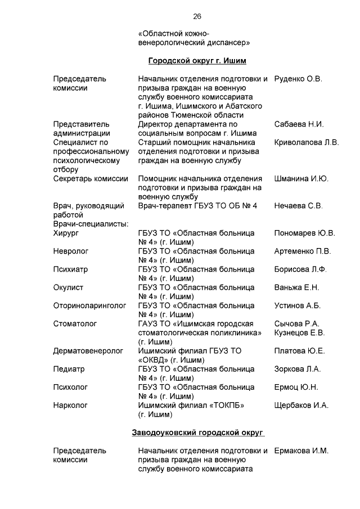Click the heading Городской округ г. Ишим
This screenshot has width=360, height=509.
(197, 61)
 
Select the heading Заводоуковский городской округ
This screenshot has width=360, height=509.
(198, 433)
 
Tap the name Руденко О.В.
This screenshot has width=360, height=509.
(298, 79)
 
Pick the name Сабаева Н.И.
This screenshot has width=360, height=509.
(299, 124)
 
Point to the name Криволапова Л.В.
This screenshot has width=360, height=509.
(307, 143)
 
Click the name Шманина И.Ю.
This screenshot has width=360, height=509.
(301, 179)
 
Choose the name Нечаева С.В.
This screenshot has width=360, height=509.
(299, 206)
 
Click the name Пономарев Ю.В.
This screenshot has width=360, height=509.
(304, 233)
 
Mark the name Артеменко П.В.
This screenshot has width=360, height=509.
(303, 251)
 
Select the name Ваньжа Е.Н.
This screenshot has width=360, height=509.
(296, 287)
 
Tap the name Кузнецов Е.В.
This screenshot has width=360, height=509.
(299, 332)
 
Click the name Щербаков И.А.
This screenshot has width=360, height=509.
(301, 405)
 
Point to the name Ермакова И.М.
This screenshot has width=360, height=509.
(301, 451)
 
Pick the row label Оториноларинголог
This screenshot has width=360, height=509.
(89, 305)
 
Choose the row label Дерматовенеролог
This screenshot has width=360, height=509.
(88, 351)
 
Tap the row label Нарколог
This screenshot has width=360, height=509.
(70, 405)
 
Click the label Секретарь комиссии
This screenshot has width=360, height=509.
(91, 179)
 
